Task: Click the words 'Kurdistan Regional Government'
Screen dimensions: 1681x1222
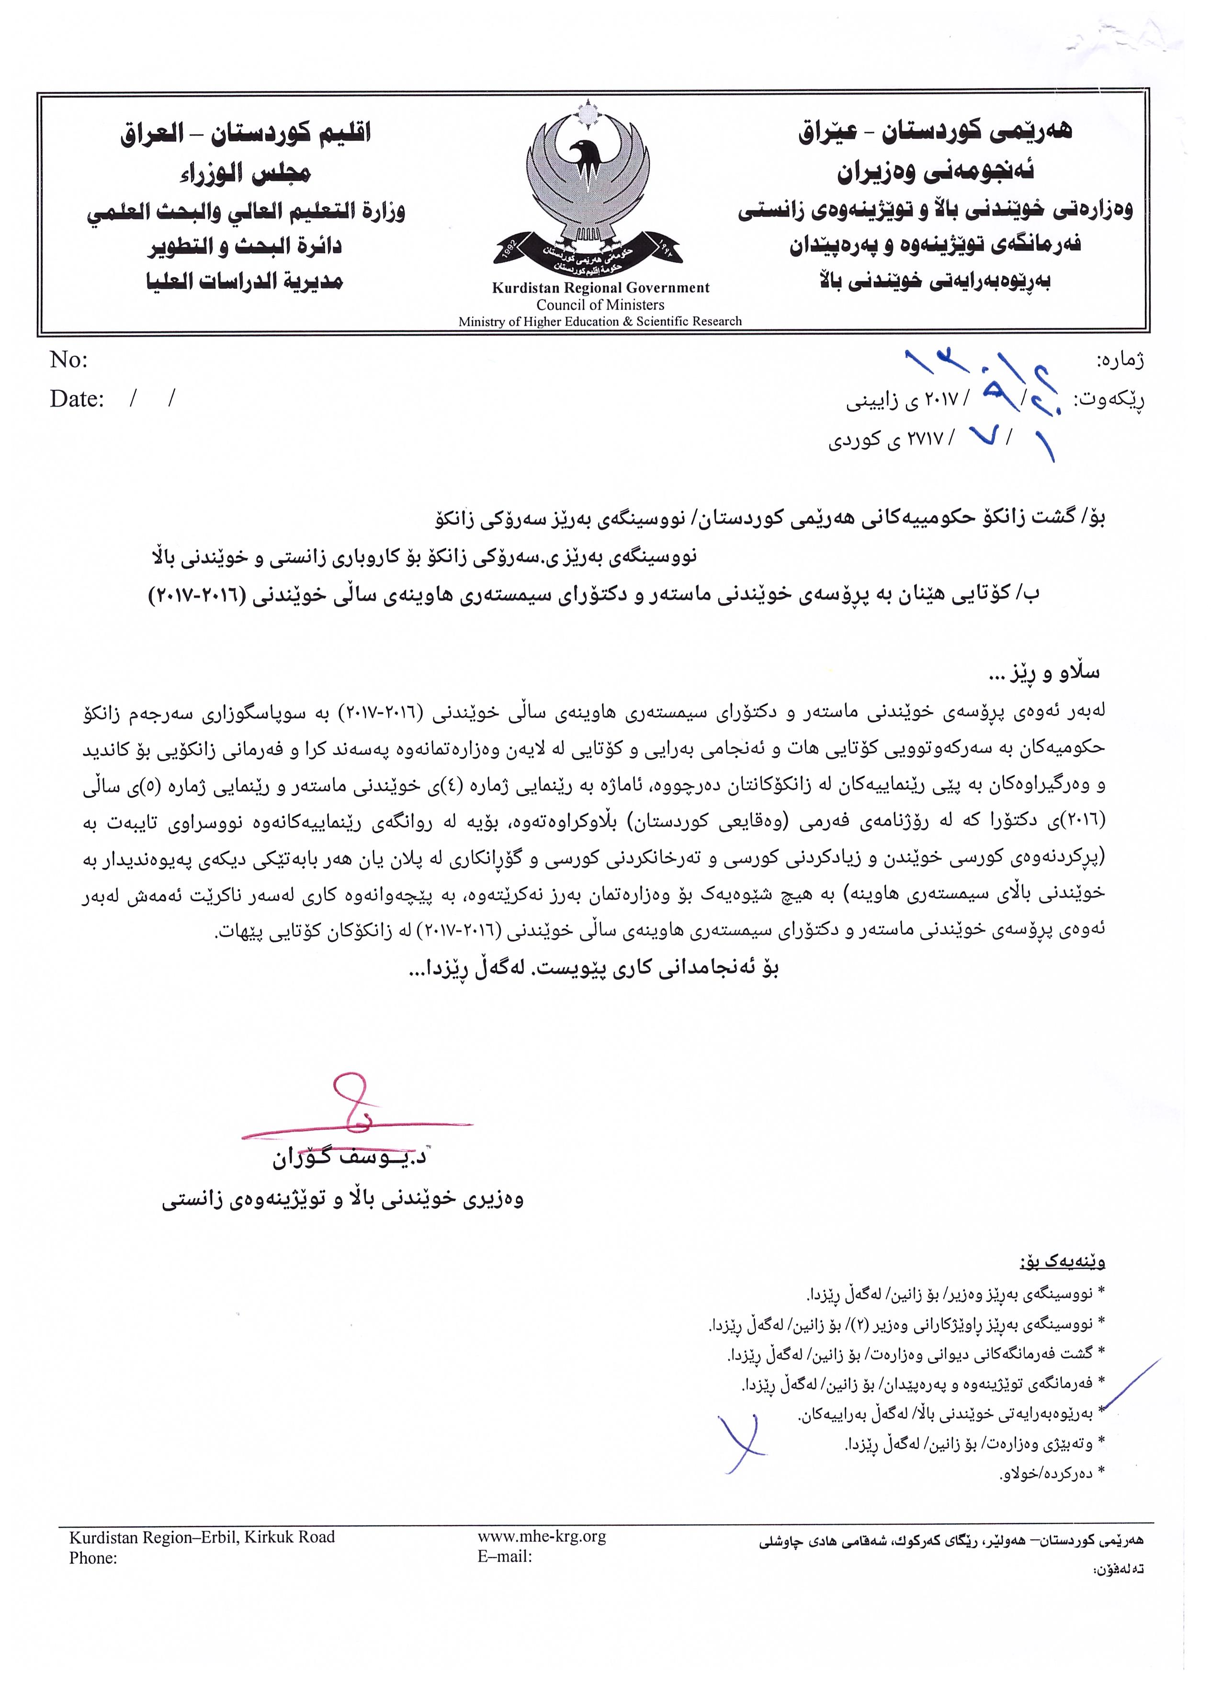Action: (600, 288)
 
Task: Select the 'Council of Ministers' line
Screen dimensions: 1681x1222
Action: (600, 305)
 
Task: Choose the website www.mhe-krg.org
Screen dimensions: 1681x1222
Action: (542, 1536)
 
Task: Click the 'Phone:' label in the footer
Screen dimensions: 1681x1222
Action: (93, 1557)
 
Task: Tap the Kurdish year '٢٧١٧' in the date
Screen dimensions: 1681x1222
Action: (920, 439)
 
